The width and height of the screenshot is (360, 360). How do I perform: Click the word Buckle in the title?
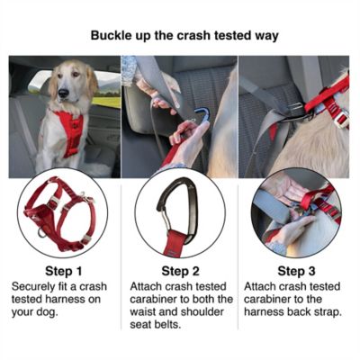click(112, 37)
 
